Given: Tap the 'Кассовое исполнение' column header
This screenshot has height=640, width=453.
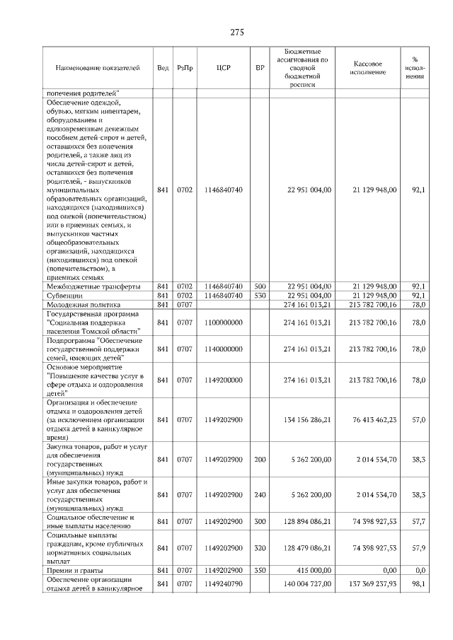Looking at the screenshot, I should (368, 68).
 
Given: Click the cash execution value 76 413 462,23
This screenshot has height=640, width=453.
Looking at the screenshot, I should (374, 419).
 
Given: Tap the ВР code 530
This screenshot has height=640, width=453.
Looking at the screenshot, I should (260, 295).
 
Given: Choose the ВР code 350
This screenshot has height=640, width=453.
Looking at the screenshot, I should (260, 569).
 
